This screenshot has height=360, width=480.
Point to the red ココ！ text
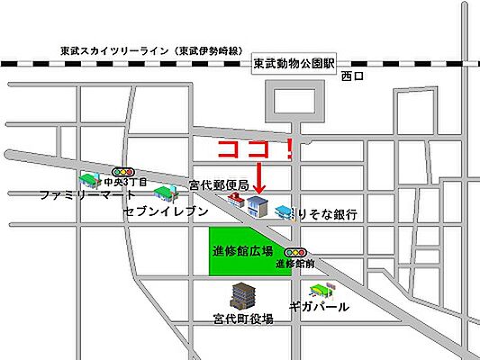coord(257,149)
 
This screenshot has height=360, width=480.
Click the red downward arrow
coord(258,176)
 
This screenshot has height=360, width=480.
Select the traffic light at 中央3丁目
coord(122,170)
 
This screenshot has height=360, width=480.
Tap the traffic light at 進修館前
coord(294,253)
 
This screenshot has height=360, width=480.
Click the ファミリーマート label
coord(87,193)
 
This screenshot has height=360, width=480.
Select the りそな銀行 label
coord(330,214)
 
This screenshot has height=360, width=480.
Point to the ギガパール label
coord(319,306)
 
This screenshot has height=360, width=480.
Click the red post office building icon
coord(236,201)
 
